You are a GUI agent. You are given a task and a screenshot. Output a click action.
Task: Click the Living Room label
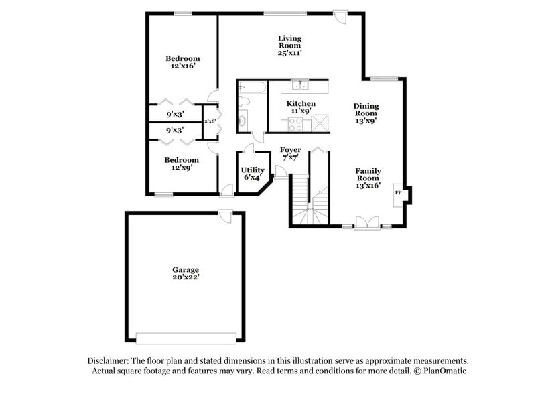[x=291, y=45]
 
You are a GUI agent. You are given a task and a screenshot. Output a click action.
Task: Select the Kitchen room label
[x=301, y=107]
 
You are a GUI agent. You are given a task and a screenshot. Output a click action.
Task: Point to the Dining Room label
[x=366, y=113]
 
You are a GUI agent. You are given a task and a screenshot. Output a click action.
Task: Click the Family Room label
[x=368, y=178]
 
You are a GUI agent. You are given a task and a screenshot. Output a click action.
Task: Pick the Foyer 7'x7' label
[x=290, y=153]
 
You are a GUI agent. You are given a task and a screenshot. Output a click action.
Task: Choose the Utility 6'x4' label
[x=253, y=174]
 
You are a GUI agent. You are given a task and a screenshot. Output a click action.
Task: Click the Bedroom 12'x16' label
[x=182, y=62]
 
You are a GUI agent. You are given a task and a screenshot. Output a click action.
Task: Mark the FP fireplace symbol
[x=398, y=193]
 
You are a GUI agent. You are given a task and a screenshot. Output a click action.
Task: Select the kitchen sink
[x=299, y=84]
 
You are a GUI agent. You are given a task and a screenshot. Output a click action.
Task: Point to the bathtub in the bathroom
[x=252, y=86]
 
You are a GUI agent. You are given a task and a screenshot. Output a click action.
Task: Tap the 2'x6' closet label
[x=210, y=121]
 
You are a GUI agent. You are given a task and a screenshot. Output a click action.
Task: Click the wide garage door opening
[x=185, y=336]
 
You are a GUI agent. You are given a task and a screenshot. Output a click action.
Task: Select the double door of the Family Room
[x=367, y=223]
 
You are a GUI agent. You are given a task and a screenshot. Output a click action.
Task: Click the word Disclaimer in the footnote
[x=116, y=360]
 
